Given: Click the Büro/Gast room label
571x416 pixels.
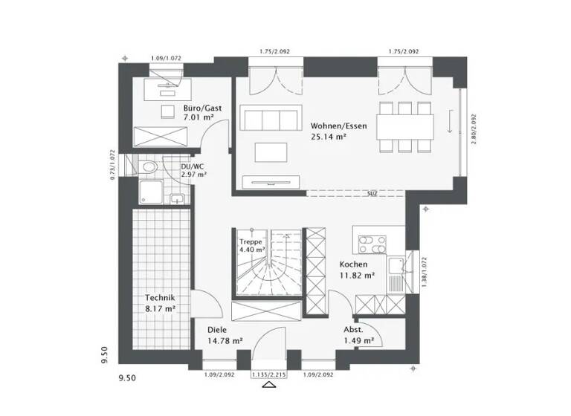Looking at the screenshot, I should pyautogui.click(x=197, y=108).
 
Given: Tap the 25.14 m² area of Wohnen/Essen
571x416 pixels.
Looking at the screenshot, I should pyautogui.click(x=329, y=137).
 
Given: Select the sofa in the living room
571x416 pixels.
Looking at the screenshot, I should pyautogui.click(x=268, y=119).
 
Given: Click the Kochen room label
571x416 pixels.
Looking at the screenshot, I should pyautogui.click(x=353, y=265).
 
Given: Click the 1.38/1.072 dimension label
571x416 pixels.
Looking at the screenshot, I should pyautogui.click(x=423, y=272).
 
